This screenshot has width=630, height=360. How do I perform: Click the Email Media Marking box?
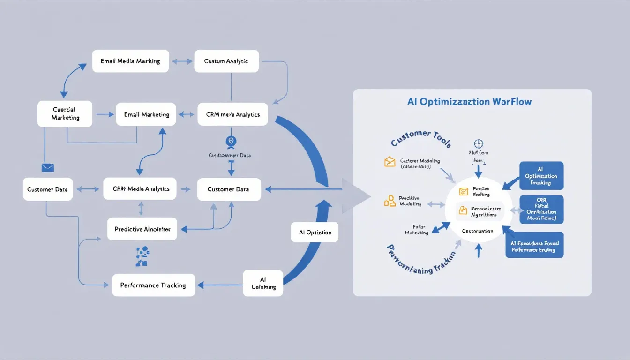coord(130,61)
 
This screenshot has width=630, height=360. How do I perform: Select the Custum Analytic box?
coord(226,61)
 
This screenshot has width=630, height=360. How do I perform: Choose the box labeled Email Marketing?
coord(146,114)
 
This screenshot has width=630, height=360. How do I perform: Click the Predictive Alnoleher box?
coord(142,230)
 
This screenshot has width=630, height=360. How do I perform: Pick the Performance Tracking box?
coord(153,285)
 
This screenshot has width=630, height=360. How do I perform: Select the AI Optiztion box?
coord(315,232)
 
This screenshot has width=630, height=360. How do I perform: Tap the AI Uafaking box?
coord(263,283)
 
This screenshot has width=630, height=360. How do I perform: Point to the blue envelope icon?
coord(48,167)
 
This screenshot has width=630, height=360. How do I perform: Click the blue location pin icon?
coord(231,141)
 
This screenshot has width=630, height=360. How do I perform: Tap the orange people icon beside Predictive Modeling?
coord(390,201)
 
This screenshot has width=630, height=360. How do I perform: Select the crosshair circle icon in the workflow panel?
coord(479,144)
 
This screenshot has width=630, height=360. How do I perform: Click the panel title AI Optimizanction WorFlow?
coord(469,102)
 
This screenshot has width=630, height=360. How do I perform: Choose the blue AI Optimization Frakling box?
coord(541,176)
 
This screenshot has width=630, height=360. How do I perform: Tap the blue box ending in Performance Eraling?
coord(534,245)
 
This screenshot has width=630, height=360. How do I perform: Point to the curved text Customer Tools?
coord(420,138)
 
